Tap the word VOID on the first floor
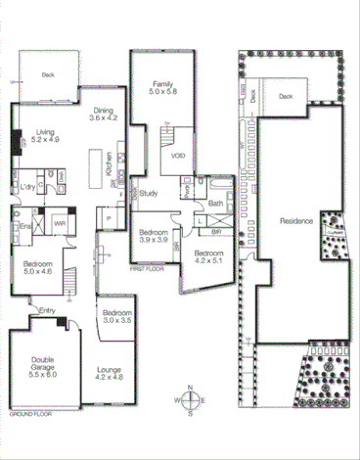[x=178, y=155]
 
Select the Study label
[x=149, y=193]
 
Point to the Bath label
[x=215, y=203]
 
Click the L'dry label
[x=26, y=186]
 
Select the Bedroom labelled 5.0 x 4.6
[x=38, y=265]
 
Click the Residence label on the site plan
[x=295, y=221]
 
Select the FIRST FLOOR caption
[x=146, y=266]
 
